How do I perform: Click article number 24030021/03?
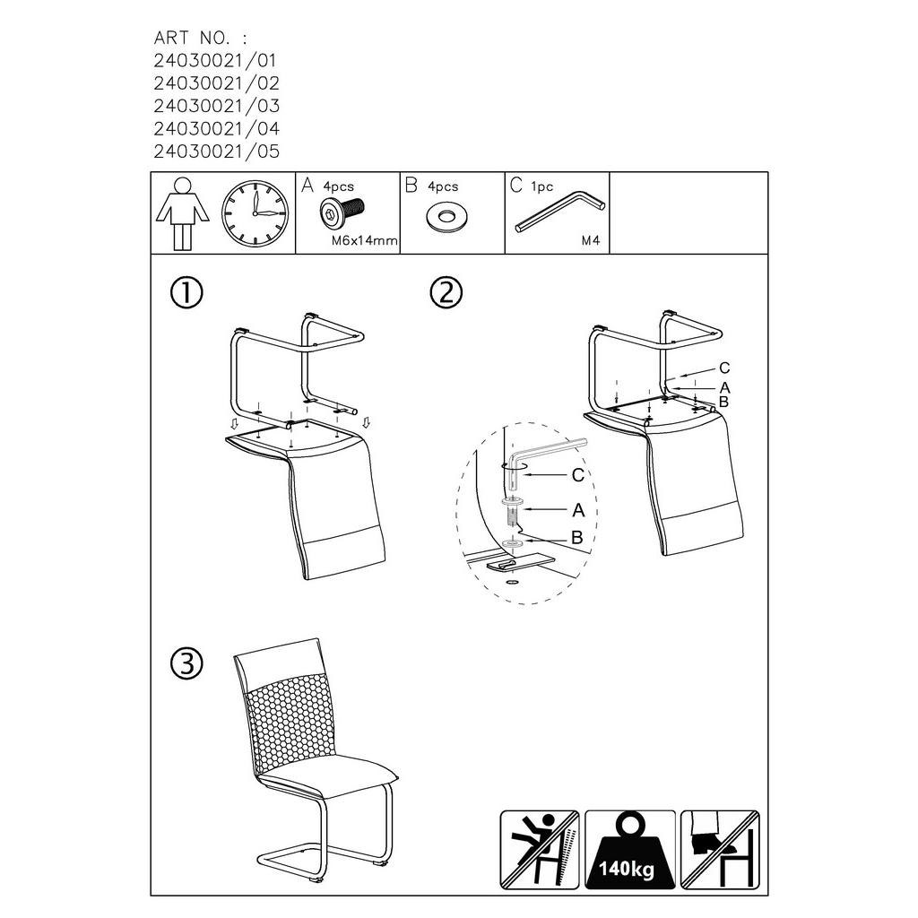pos(217,106)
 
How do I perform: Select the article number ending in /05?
pos(217,152)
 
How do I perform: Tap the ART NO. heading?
pos(200,38)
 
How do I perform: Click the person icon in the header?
pos(182,213)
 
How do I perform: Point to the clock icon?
pos(255,213)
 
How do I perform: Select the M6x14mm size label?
pos(364,240)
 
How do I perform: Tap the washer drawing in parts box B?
pos(446,218)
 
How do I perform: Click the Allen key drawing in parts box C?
pos(560,212)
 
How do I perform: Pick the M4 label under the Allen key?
pos(591,240)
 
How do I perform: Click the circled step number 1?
pos(186,293)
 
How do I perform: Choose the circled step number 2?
pos(446,293)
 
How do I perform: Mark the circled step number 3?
pos(186,664)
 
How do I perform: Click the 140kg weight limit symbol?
pos(630,850)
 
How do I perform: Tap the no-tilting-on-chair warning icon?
pos(539,850)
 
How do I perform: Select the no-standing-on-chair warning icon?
pos(720,850)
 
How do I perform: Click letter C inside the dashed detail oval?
pos(578,475)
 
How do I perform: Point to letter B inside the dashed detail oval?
pos(577,538)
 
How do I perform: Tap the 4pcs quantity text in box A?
pos(338,186)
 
